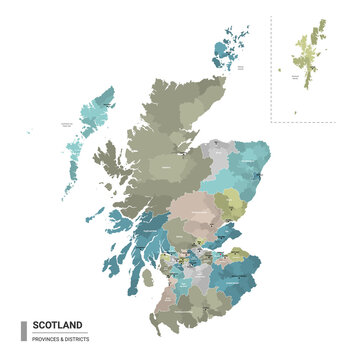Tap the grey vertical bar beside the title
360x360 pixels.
coord(23,331)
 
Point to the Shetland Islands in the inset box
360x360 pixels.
coord(313,50)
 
